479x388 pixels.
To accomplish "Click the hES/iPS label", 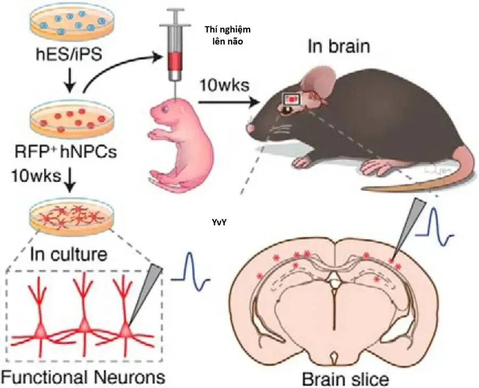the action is (x=69, y=55).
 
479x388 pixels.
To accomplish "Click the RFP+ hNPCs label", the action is (x=66, y=151).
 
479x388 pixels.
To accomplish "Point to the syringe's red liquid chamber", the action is (x=175, y=61).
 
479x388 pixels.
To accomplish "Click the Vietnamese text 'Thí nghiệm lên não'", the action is (x=228, y=36).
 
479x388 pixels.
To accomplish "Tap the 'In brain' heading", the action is (x=339, y=46).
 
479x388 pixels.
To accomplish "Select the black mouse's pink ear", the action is (x=318, y=79).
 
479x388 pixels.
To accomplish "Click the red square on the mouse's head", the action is (x=293, y=99).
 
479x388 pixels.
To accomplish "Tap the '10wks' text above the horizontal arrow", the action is (x=225, y=86).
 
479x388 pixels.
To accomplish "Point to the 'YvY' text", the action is (x=219, y=223).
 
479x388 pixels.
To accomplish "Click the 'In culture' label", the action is (x=69, y=254).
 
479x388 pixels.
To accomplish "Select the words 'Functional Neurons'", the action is (x=84, y=377).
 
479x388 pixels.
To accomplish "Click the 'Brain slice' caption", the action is (x=345, y=379).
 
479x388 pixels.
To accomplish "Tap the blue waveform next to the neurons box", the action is (x=191, y=271).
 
